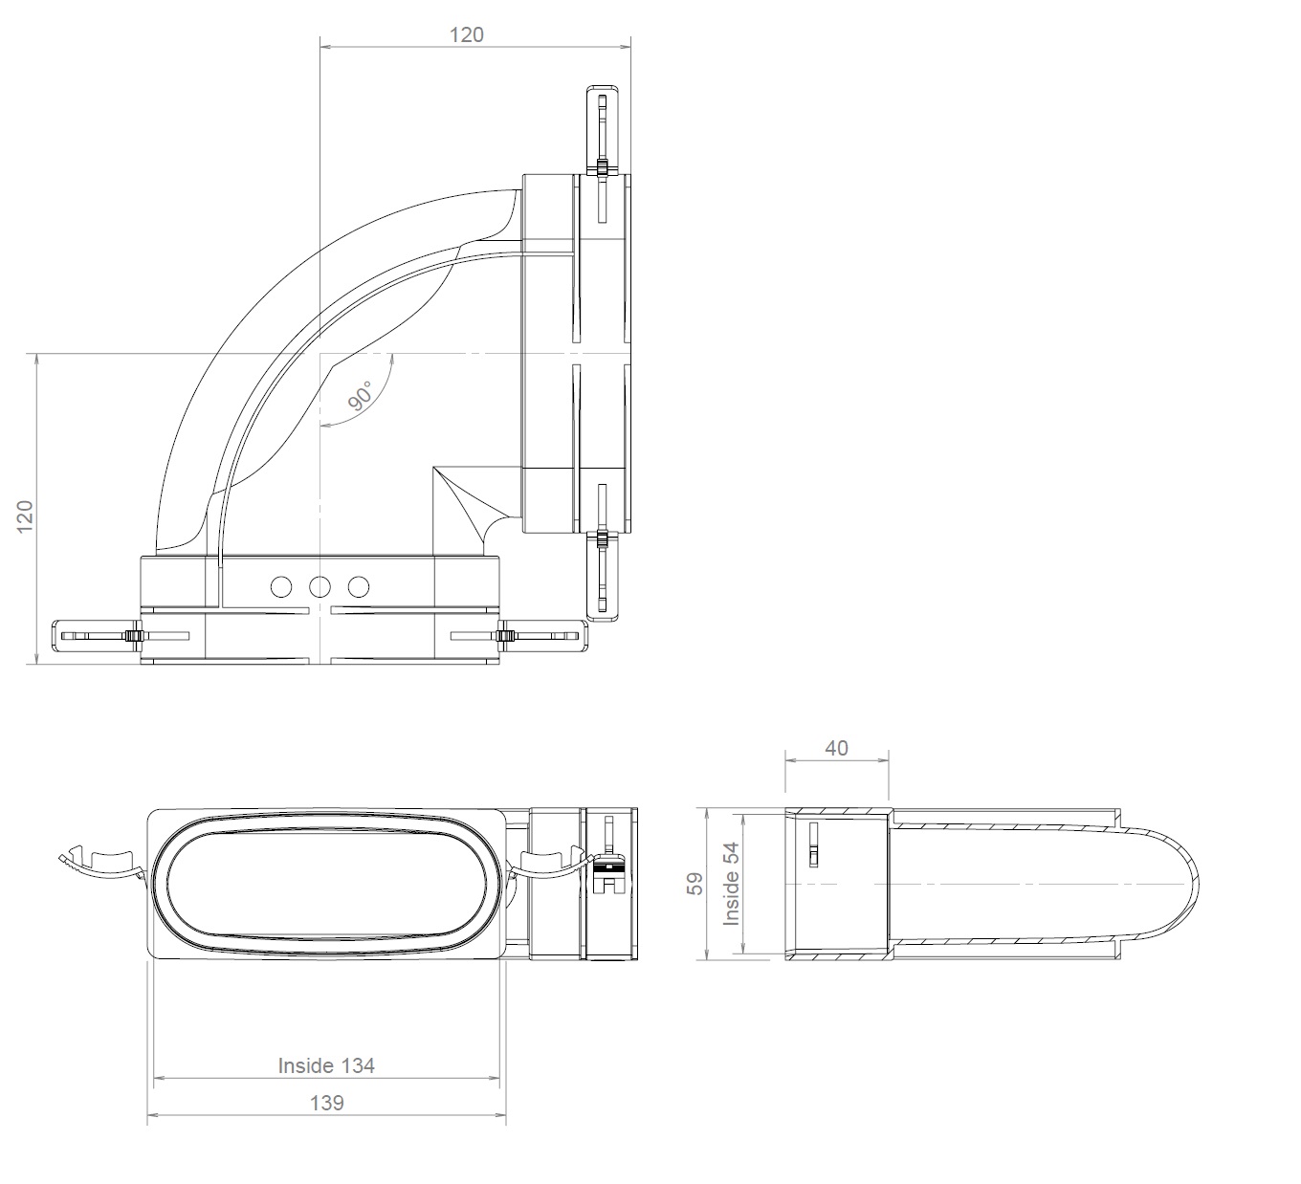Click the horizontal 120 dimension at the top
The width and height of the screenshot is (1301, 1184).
(467, 35)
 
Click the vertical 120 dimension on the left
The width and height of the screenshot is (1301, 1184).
(26, 515)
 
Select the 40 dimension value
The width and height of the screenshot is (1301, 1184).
(836, 749)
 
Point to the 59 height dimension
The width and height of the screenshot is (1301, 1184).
(696, 883)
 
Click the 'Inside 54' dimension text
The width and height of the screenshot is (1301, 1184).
(732, 883)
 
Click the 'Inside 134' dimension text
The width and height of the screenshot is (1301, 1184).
(326, 1065)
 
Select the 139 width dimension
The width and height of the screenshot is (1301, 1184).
(326, 1103)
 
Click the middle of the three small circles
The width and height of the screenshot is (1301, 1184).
(320, 586)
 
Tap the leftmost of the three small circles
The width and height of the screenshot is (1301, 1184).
(281, 586)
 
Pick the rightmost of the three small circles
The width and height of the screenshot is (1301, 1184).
(359, 586)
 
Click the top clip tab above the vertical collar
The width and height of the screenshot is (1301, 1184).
(603, 129)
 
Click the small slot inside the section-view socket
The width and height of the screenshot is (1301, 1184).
(813, 844)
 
